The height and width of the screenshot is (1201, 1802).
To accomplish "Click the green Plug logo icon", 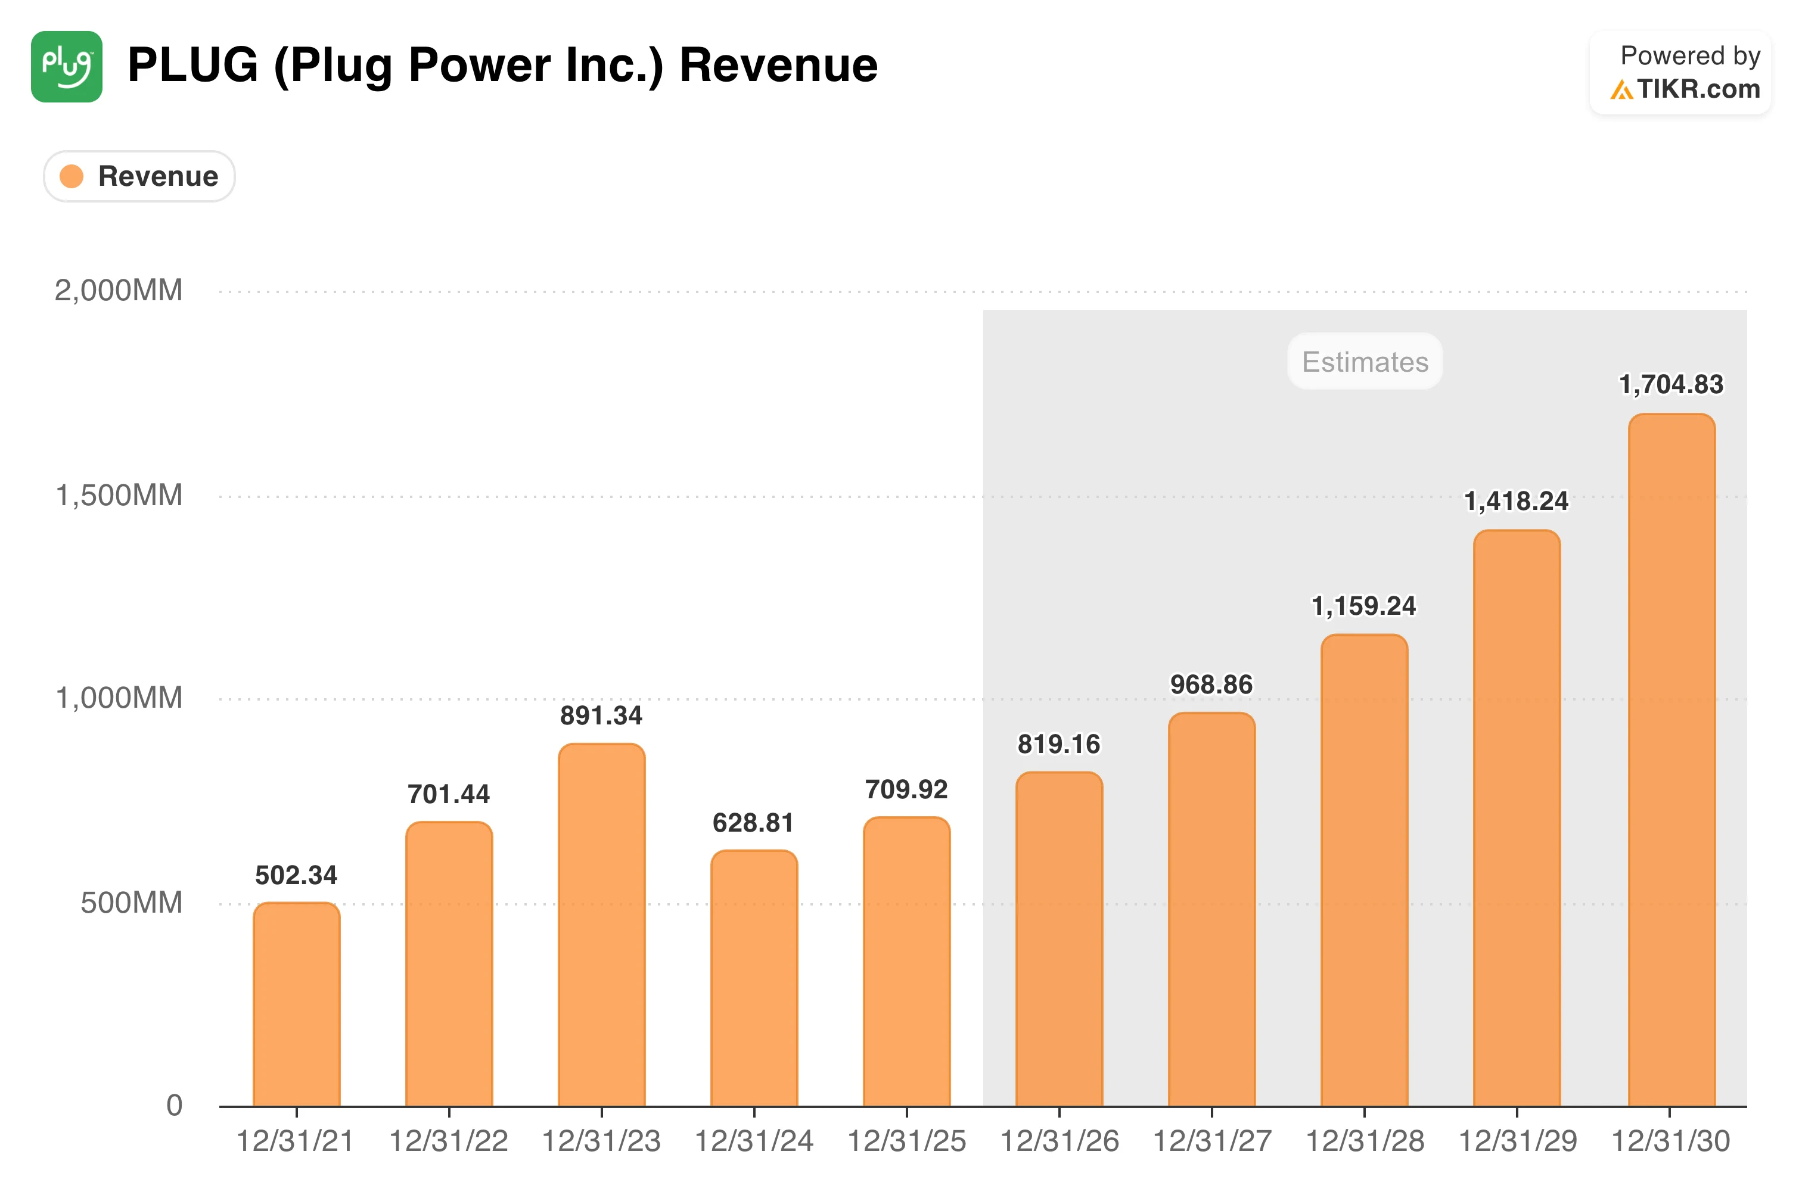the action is pos(67,67).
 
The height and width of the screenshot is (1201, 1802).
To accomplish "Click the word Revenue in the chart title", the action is pos(778,65).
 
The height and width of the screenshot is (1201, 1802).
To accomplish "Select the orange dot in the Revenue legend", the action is pos(72,176).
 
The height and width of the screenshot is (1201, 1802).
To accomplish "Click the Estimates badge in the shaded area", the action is pos(1365,362).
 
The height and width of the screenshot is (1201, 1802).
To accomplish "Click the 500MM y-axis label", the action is pos(132,903).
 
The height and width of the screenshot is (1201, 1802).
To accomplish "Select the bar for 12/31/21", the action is pos(297,1004).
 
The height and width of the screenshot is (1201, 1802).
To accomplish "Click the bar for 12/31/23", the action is pos(601,925).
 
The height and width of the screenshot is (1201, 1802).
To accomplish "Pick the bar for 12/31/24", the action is pos(754,978).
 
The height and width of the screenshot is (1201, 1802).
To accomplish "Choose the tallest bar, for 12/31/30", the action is pos(1671,760).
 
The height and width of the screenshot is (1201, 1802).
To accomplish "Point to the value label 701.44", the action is pos(448,794).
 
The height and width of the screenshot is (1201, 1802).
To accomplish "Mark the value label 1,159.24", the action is pos(1364,606).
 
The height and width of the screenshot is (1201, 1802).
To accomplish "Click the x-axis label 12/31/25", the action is pos(906,1141).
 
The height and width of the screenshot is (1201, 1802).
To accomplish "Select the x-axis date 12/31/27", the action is pos(1212,1141).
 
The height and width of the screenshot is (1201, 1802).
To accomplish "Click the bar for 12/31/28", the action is pos(1364,871).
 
